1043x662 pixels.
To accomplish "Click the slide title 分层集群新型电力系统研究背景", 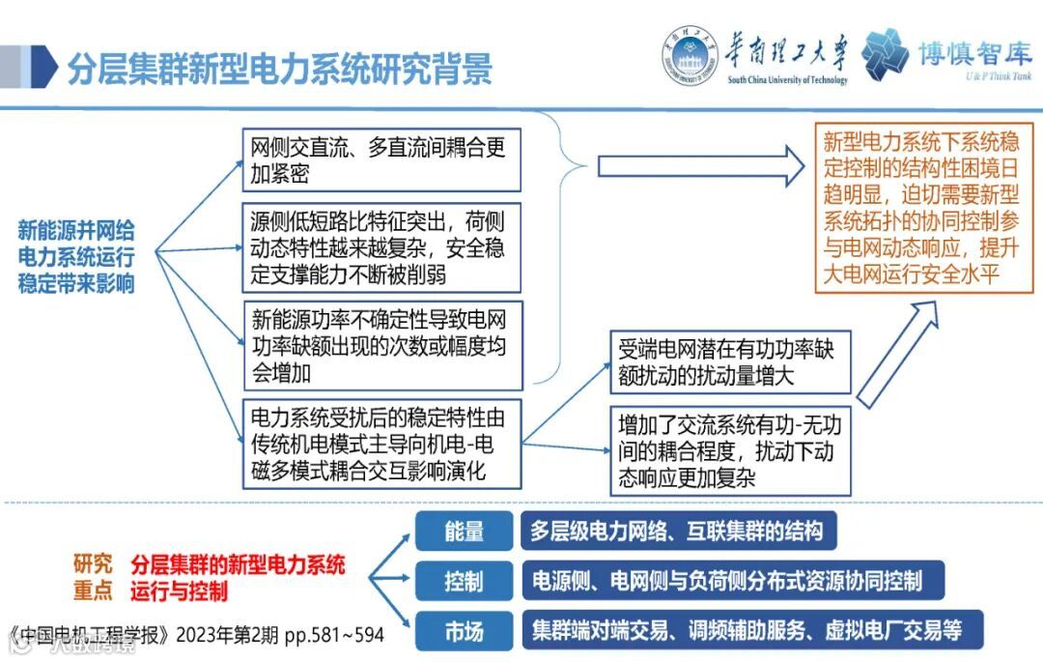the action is click(x=279, y=69).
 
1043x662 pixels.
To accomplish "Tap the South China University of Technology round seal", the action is click(x=690, y=57).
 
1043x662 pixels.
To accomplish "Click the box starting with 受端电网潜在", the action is click(x=730, y=361).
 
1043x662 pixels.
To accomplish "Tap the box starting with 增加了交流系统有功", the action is click(x=730, y=450).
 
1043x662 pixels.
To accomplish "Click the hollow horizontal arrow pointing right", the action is click(x=701, y=166).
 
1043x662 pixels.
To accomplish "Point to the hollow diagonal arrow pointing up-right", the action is click(x=898, y=354).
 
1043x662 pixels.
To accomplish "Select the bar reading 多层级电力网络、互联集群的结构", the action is click(x=677, y=531).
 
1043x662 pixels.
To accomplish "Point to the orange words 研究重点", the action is click(x=93, y=577).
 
